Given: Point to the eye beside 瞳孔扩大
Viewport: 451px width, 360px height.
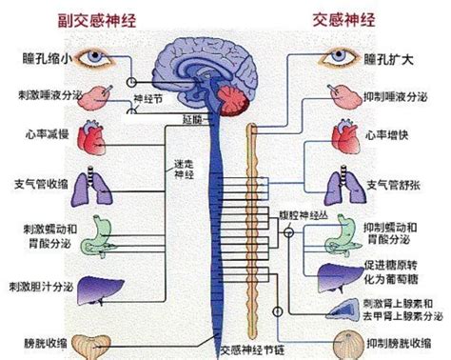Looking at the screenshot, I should [342, 59].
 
